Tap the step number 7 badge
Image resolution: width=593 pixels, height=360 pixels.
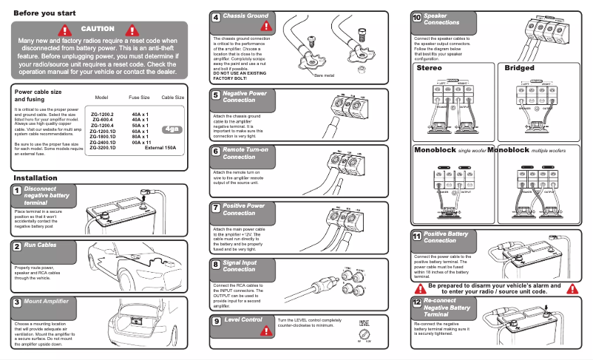[215, 208]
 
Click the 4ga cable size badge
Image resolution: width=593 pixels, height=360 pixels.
[172, 129]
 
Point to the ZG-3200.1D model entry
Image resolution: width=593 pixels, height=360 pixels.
[102, 148]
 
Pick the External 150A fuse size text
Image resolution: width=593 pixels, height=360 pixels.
[160, 148]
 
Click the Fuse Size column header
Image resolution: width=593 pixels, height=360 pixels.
[139, 98]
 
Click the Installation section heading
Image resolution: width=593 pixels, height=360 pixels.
[35, 178]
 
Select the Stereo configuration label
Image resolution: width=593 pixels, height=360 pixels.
[430, 68]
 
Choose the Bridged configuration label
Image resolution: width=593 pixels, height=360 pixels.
[519, 68]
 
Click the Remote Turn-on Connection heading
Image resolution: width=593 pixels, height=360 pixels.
[244, 153]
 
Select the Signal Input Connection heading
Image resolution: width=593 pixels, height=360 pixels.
[240, 266]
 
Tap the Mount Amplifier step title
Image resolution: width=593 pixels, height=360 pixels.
[46, 302]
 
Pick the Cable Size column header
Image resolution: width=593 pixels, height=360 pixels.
[172, 98]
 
